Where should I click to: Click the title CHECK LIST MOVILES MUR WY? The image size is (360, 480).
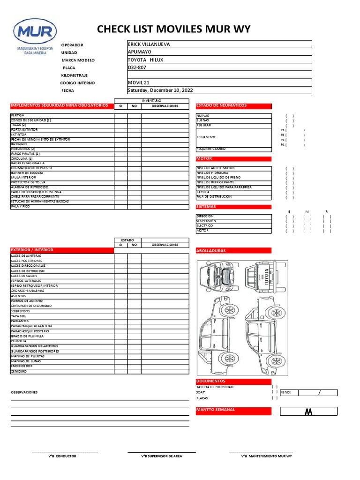173,30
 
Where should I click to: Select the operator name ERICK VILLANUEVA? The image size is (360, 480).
149,44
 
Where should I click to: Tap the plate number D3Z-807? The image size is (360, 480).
137,67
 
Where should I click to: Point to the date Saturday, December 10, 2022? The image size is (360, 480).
160,90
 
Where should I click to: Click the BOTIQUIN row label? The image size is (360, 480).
19,144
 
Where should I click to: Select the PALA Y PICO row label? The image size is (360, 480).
20,206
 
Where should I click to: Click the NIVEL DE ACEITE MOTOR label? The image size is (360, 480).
216,168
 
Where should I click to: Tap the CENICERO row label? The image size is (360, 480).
19,371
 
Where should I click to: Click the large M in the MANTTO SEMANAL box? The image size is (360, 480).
308,412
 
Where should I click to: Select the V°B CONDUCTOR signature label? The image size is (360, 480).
62,456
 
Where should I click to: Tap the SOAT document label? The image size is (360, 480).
201,392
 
